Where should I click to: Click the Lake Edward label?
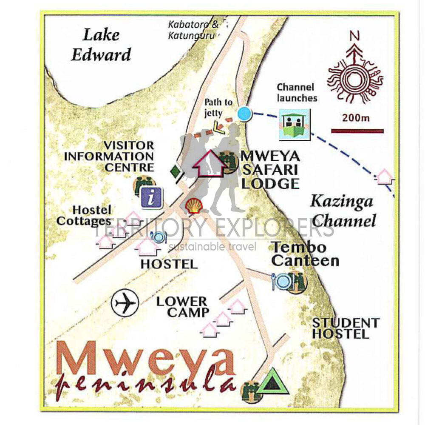(x=101, y=45)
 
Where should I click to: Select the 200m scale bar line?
(x=357, y=131)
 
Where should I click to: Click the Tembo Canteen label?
(x=305, y=254)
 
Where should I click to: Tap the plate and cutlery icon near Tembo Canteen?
(x=281, y=281)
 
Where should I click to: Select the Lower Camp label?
(x=182, y=307)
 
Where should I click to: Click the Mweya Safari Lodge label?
(x=269, y=169)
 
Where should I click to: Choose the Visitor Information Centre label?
(x=109, y=157)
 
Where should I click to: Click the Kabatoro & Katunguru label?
(x=193, y=30)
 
